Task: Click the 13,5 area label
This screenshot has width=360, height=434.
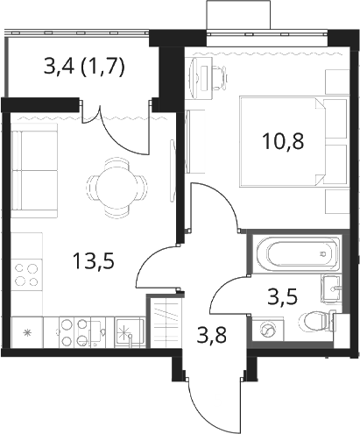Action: pyautogui.click(x=93, y=261)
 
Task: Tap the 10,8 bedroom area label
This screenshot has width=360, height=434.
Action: pyautogui.click(x=283, y=141)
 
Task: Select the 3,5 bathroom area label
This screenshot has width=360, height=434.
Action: pyautogui.click(x=282, y=296)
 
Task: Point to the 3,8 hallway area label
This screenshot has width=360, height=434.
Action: pyautogui.click(x=211, y=335)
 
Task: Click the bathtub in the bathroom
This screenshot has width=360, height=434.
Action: pyautogui.click(x=297, y=253)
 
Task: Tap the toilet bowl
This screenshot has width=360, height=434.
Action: pyautogui.click(x=316, y=322)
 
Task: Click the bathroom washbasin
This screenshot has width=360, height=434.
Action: pyautogui.click(x=331, y=288)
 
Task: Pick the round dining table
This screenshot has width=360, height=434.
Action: pyautogui.click(x=116, y=187)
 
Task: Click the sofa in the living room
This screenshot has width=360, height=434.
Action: pyautogui.click(x=34, y=171)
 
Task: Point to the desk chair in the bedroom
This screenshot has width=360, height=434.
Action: pyautogui.click(x=217, y=77)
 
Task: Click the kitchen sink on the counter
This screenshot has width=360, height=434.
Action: pyautogui.click(x=130, y=332)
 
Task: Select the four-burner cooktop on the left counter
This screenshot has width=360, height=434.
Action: pyautogui.click(x=27, y=274)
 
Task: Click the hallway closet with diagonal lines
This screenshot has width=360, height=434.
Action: pyautogui.click(x=165, y=321)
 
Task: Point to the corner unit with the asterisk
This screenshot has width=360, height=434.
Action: pyautogui.click(x=27, y=332)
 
